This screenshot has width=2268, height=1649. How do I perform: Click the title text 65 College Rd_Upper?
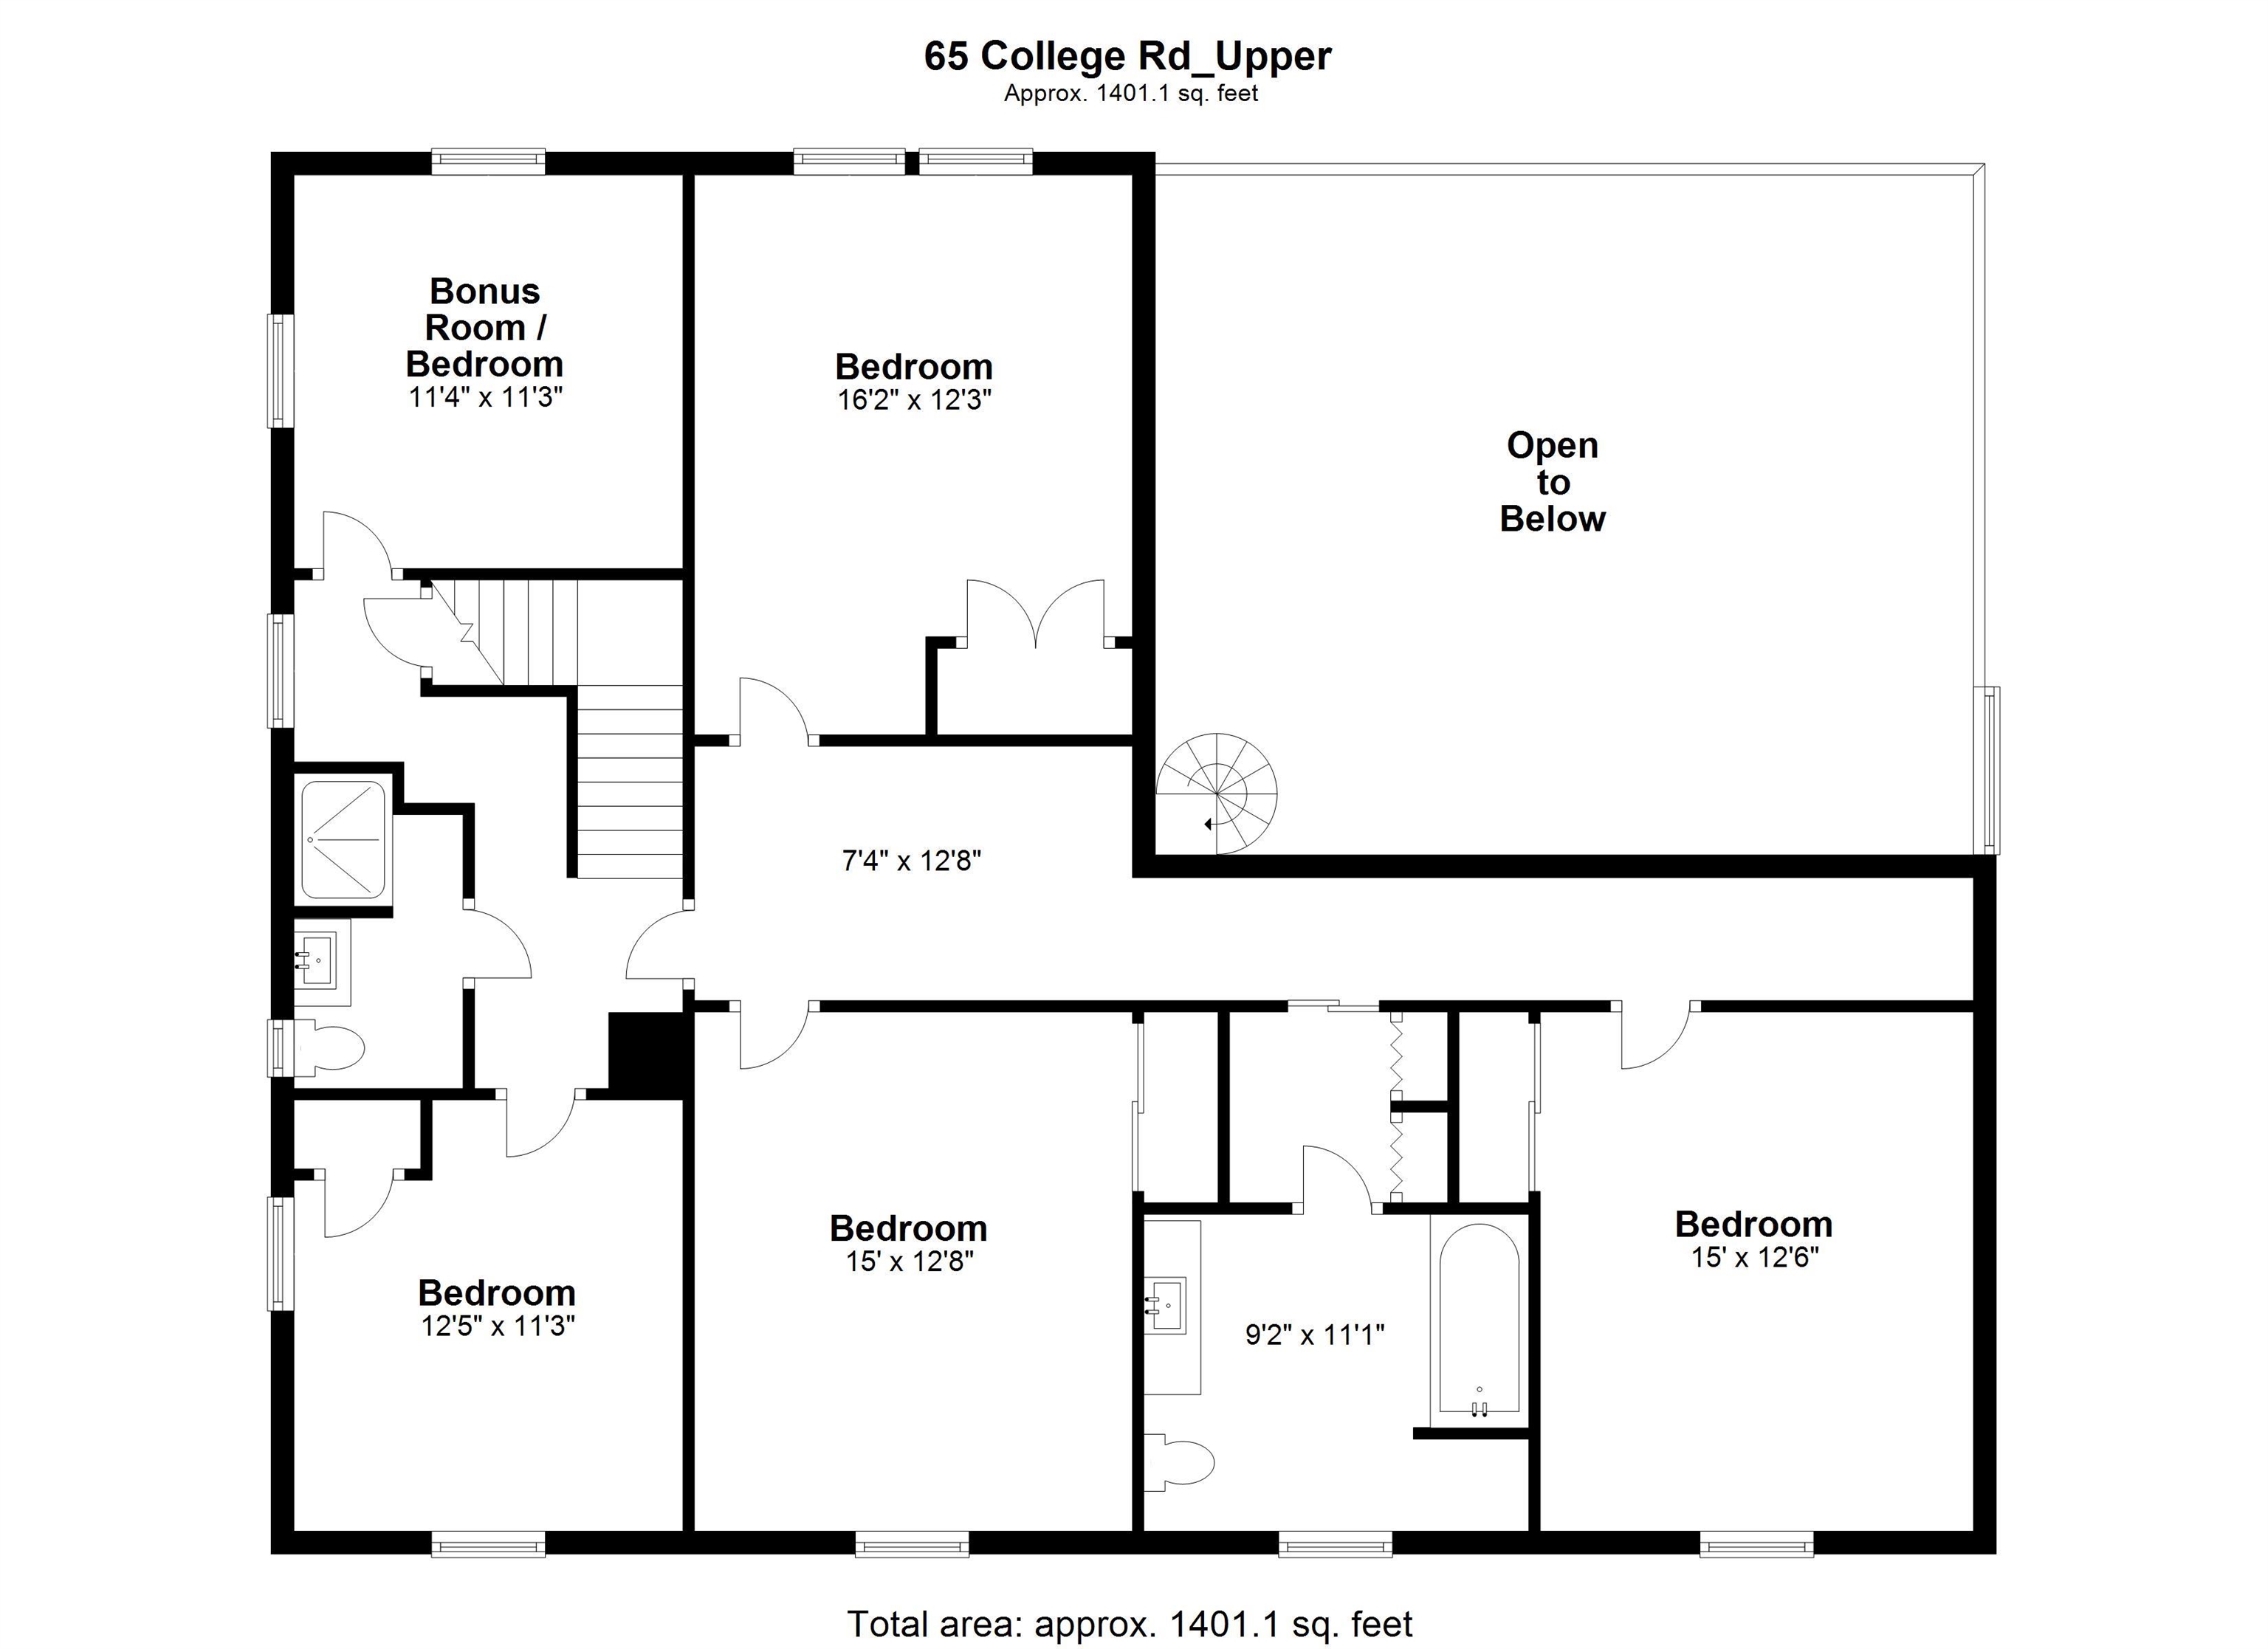point(1127,56)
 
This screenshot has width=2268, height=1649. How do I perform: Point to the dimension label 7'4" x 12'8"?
point(911,860)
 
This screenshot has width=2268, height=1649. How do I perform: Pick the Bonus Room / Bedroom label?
point(485,327)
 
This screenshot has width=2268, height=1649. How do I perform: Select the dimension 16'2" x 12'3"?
point(914,400)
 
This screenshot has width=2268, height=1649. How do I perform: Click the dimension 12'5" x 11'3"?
point(498,1326)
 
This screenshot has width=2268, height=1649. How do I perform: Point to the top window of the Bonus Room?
point(488,162)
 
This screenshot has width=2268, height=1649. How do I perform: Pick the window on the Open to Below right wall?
point(1991,770)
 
